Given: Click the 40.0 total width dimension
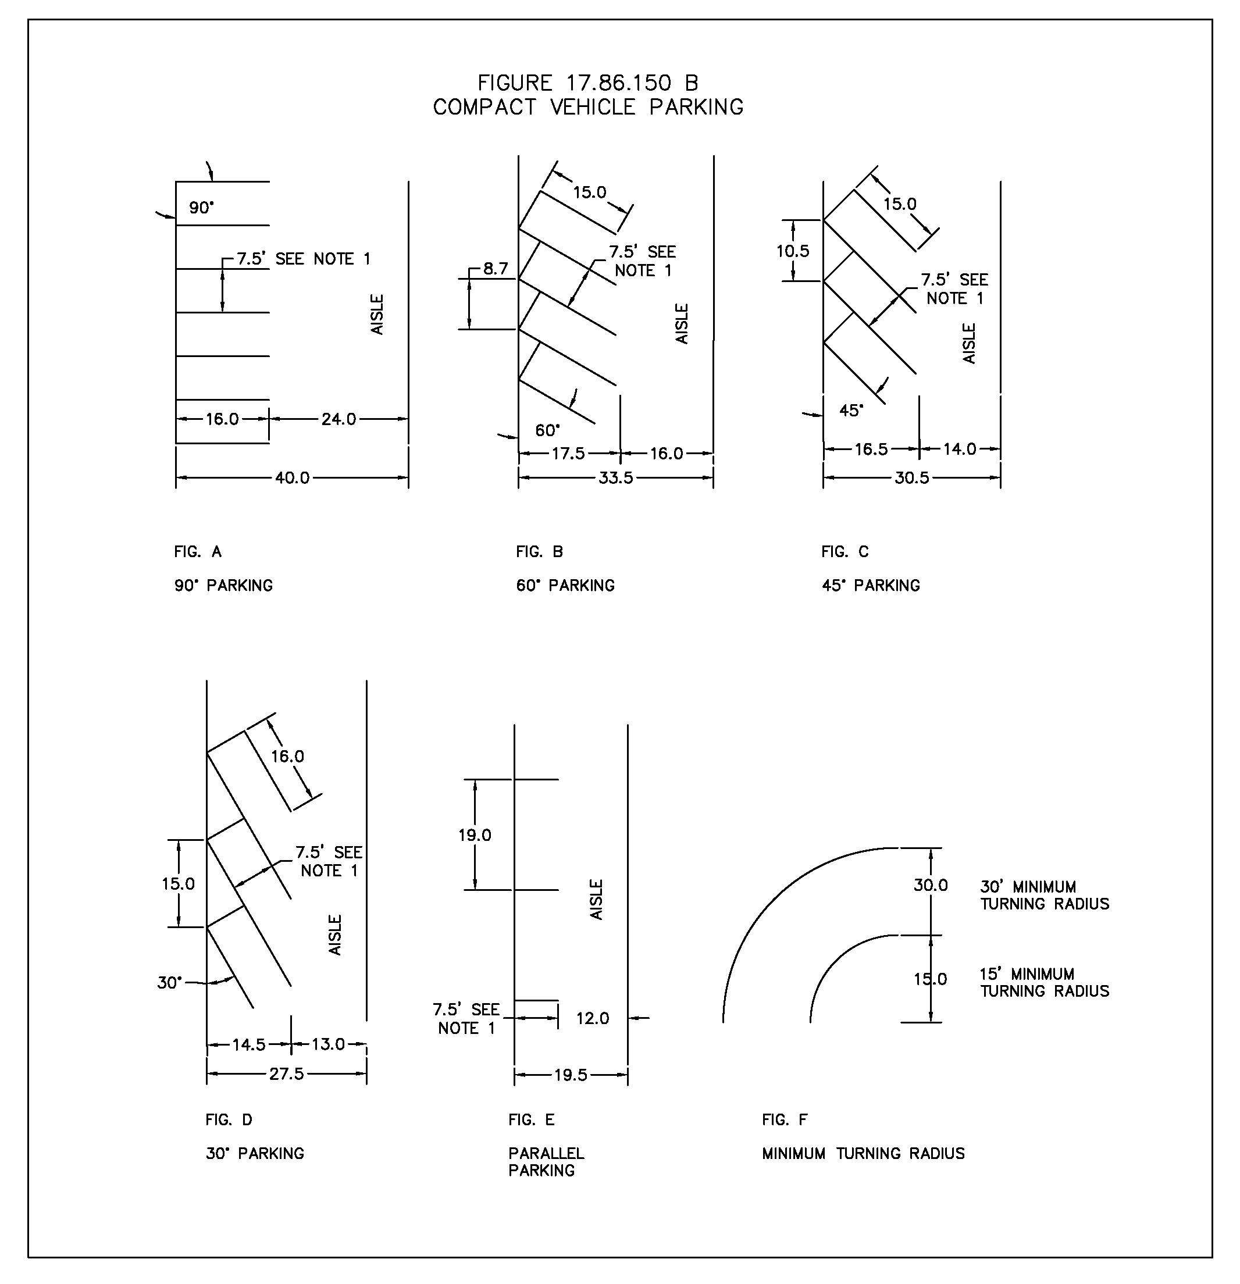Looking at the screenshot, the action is [x=292, y=478].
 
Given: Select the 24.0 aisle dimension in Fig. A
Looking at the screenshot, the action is [x=338, y=419].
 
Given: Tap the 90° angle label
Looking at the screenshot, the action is [x=202, y=208].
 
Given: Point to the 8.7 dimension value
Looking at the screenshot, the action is [x=496, y=269].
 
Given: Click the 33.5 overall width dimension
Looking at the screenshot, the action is [x=616, y=478].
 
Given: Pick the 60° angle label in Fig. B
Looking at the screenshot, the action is [x=548, y=430].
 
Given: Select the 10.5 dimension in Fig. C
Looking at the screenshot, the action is [x=793, y=251].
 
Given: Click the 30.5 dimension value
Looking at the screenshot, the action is [x=912, y=478].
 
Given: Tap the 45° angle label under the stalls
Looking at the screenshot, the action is [x=851, y=411].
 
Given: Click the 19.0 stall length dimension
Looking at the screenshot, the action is [x=475, y=835].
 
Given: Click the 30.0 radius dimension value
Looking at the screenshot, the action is [x=931, y=886].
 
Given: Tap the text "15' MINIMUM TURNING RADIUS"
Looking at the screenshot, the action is [x=1045, y=983].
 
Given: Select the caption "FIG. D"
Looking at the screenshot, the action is [x=229, y=1120].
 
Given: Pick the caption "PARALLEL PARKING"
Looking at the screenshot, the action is [x=546, y=1162].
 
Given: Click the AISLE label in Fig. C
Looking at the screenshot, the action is [x=970, y=343].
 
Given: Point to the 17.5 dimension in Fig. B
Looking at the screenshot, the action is [x=568, y=454].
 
